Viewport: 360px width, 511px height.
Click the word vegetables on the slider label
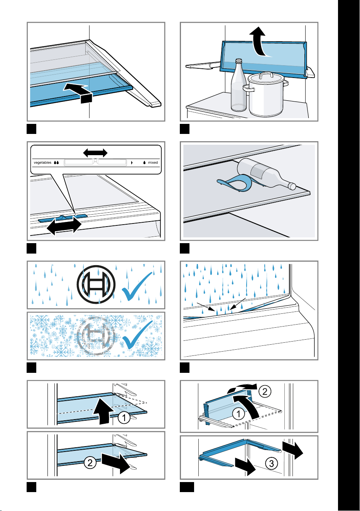(x=42, y=162)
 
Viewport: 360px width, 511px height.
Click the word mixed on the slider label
(x=153, y=162)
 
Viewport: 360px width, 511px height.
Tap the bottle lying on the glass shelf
(x=266, y=174)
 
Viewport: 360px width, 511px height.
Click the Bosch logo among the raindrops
(x=96, y=284)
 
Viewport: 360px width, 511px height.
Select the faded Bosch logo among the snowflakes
(x=96, y=336)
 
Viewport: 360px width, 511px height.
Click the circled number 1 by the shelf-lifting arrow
(x=124, y=418)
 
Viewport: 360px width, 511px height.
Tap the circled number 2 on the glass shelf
(x=90, y=463)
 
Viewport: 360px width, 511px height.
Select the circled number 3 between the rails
(x=272, y=464)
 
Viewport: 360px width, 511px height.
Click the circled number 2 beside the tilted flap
(x=265, y=392)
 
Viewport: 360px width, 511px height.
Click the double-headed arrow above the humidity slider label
(x=95, y=152)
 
